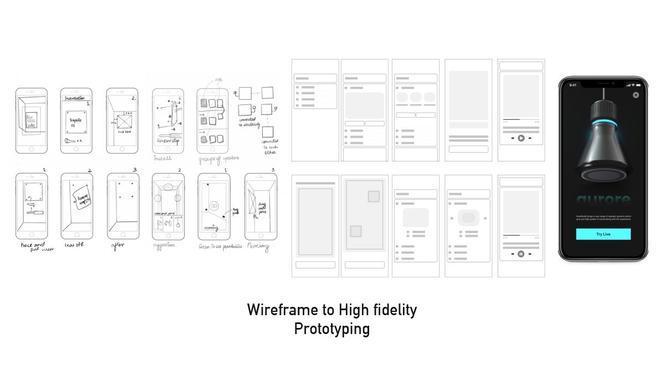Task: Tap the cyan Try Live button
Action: (x=603, y=234)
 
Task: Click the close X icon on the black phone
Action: (x=636, y=95)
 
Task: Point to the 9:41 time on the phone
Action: (x=573, y=85)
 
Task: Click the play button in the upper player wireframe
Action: (x=521, y=138)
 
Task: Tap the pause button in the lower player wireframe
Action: (x=521, y=254)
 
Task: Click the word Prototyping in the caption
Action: (x=331, y=328)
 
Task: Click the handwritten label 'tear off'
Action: (x=74, y=246)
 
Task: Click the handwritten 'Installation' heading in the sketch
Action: (x=75, y=98)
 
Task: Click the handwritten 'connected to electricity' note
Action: (x=250, y=123)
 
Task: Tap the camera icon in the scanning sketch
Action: (x=213, y=205)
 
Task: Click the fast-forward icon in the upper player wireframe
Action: (x=530, y=138)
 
